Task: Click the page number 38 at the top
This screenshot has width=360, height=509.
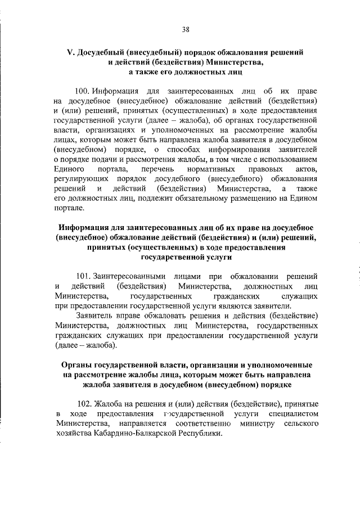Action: point(185,30)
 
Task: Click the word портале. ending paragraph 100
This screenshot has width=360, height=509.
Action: point(69,208)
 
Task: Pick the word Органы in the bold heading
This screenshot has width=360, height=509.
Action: point(77,366)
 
